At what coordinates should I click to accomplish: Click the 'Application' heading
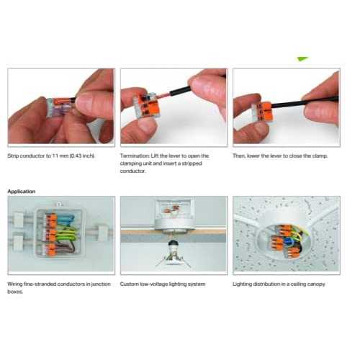[x=22, y=192]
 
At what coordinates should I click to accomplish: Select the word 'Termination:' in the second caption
[x=135, y=156]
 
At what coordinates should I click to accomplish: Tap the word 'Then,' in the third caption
[x=241, y=156]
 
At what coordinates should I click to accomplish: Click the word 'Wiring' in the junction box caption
[x=17, y=284]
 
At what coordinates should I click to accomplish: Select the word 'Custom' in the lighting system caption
[x=130, y=284]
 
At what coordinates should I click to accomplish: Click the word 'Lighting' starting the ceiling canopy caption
[x=243, y=284]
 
